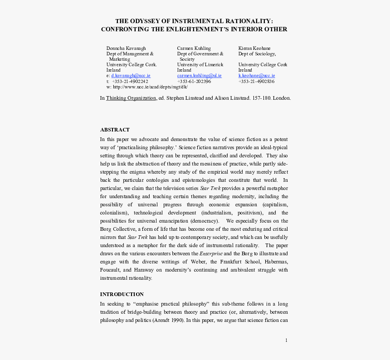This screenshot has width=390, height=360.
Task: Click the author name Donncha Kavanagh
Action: pos(126,48)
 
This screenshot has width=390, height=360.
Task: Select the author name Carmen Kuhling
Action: pos(194,48)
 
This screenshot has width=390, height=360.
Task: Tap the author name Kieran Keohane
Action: pos(254,48)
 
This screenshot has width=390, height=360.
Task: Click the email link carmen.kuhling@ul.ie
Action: pos(199,76)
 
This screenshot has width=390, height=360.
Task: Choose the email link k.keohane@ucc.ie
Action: pos(256,76)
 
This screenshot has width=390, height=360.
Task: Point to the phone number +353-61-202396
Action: pos(194,81)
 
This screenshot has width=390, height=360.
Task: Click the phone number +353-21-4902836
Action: pos(256,81)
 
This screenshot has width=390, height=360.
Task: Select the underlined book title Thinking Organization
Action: pos(131,98)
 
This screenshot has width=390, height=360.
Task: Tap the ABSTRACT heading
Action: pos(115,130)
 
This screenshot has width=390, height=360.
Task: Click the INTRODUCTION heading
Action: pos(122,294)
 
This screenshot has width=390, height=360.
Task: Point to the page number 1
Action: pos(286,340)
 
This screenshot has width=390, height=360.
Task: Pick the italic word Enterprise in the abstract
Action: pos(210,253)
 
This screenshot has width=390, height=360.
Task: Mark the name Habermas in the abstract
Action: pos(276,262)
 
